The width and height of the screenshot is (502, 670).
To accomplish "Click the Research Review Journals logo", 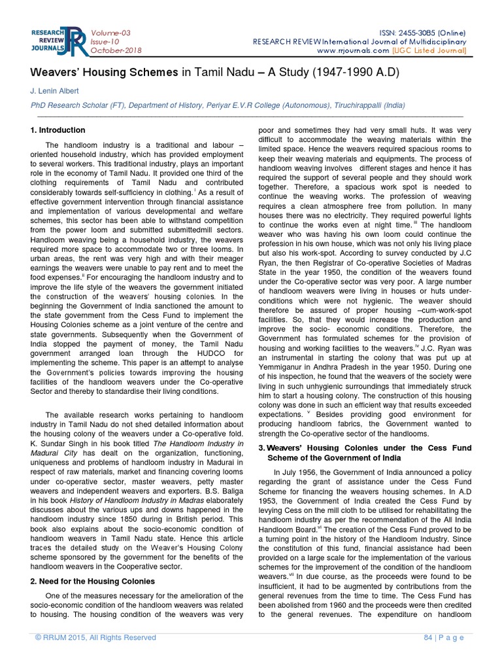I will coord(57,41).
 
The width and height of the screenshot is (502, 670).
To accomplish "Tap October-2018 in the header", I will coord(116,50).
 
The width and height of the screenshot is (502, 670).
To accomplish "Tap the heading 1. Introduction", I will coord(58,130).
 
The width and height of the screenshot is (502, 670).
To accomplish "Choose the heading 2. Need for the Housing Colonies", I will coord(93,581).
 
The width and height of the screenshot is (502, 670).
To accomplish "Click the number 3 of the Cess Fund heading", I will coord(261,447).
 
